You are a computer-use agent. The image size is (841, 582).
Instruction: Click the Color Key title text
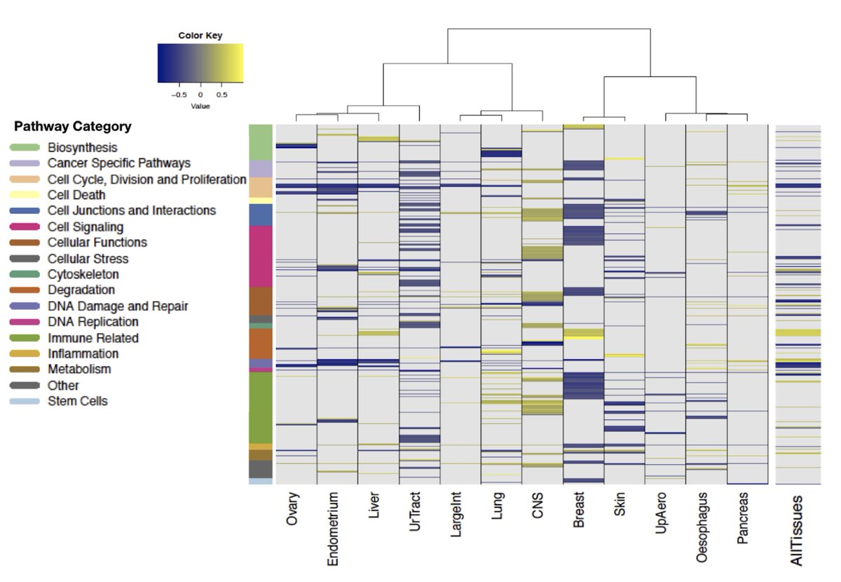coord(200,35)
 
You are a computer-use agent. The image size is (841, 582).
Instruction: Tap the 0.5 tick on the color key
coord(222,94)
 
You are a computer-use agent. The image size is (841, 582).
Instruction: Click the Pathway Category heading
coord(72,127)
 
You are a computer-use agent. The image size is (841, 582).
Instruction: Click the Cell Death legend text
coord(76,195)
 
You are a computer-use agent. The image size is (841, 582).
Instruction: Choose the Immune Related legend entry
coord(93,338)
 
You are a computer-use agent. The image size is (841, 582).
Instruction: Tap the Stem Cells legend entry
coord(77,401)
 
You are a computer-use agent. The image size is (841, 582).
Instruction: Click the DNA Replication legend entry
coord(93,322)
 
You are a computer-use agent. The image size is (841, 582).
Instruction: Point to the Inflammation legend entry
coord(83,353)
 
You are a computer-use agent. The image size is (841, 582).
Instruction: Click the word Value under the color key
coord(200,106)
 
